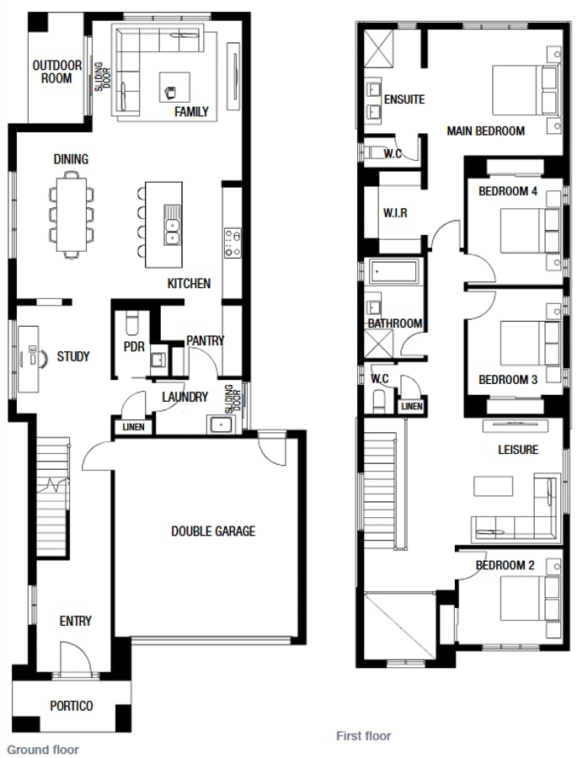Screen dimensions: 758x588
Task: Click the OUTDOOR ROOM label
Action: pos(56,72)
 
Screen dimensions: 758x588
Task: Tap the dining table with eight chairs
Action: pos(72,213)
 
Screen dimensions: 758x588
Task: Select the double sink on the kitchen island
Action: pos(173,225)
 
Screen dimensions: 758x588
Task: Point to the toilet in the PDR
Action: pos(131,323)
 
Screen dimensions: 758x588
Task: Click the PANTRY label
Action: pos(205,340)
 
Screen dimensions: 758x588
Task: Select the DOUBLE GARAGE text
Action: pos(212,531)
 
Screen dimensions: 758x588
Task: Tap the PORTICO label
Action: pos(71,706)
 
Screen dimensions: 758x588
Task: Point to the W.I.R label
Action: pos(394,213)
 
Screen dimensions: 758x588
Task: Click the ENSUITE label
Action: pos(404,99)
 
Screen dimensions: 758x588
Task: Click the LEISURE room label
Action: pos(517,450)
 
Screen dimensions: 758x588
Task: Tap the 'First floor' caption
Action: pos(364,735)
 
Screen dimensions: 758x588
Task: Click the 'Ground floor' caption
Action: pos(43,749)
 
